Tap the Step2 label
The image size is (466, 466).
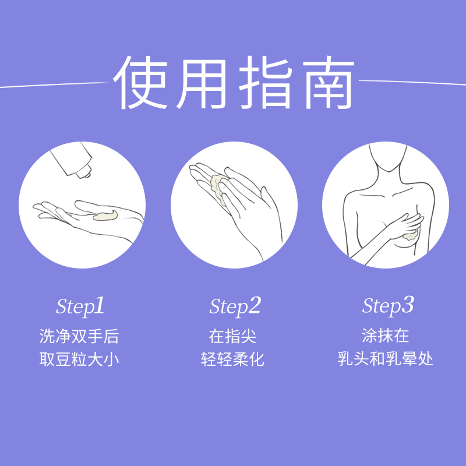coord(235,307)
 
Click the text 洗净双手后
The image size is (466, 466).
coord(79,337)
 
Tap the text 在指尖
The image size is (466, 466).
coord(233,337)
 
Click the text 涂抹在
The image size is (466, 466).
coord(386,336)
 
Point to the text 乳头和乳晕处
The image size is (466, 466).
coord(386,359)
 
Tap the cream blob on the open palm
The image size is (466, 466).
coord(105,217)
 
